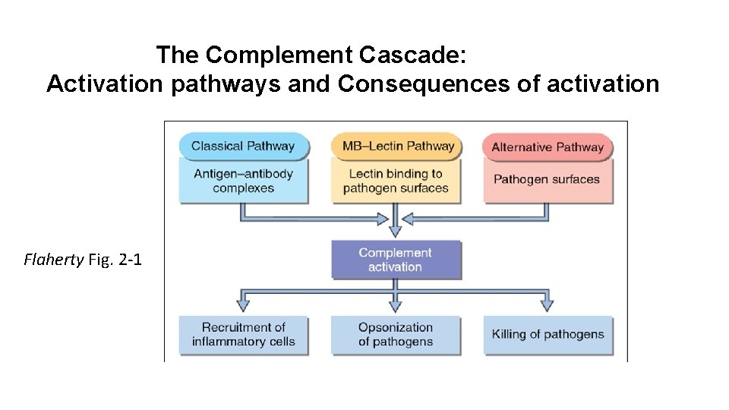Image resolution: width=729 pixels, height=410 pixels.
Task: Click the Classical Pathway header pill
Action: pyautogui.click(x=243, y=147)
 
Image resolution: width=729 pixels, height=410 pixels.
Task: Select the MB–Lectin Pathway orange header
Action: pyautogui.click(x=396, y=147)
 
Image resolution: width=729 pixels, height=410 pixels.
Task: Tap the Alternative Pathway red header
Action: pyautogui.click(x=548, y=147)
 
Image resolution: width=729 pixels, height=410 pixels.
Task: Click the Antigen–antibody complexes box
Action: pyautogui.click(x=243, y=181)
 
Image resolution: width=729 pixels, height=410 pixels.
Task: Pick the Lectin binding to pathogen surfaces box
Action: pyautogui.click(x=396, y=181)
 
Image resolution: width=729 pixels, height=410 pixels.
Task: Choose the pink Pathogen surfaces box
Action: pyautogui.click(x=547, y=181)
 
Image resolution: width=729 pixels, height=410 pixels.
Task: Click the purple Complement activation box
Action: pyautogui.click(x=395, y=260)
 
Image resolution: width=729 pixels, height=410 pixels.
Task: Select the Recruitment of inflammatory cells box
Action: pyautogui.click(x=243, y=334)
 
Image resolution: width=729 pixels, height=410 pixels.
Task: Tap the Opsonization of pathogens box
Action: pyautogui.click(x=395, y=334)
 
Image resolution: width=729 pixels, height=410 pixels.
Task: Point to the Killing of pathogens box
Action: pyautogui.click(x=548, y=334)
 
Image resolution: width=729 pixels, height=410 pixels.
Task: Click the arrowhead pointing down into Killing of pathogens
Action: pyautogui.click(x=547, y=305)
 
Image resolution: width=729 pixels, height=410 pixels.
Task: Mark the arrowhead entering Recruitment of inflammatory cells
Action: pyautogui.click(x=243, y=305)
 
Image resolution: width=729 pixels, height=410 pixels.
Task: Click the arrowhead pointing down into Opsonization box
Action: pyautogui.click(x=395, y=305)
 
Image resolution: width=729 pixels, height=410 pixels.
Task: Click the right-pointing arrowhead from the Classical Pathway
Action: pyautogui.click(x=383, y=219)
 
